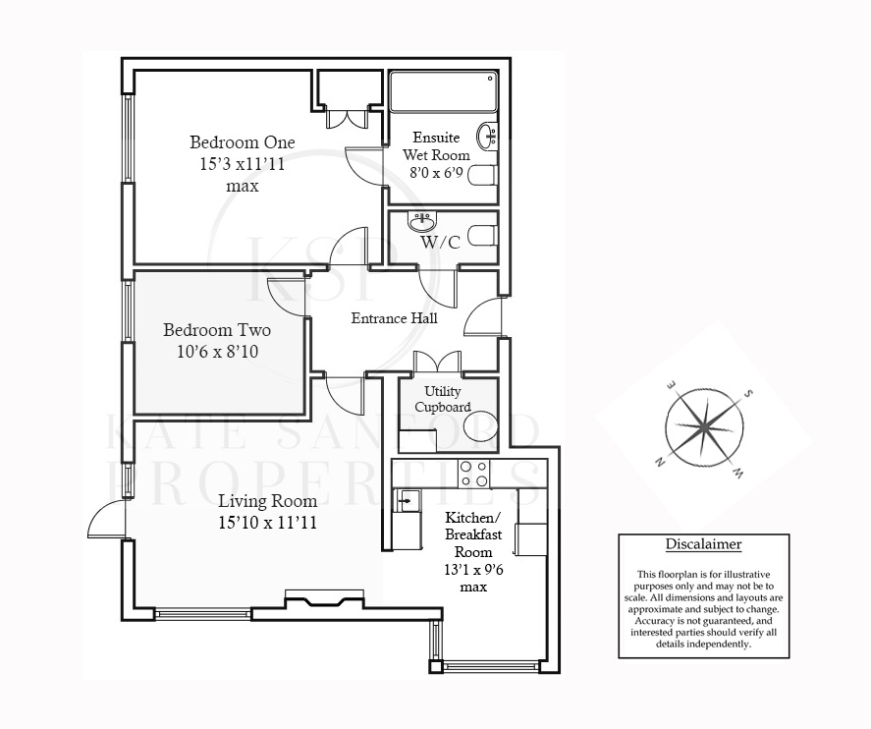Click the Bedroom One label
[243, 142]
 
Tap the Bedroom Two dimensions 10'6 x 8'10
[218, 352]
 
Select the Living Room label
[268, 501]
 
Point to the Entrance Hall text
[395, 318]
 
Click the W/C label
[441, 243]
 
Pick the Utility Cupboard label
[443, 399]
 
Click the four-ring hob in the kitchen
[474, 474]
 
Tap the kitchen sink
[408, 502]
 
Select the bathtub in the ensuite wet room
[443, 91]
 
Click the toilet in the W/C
[482, 235]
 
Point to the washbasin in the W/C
[422, 222]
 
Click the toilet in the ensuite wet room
[482, 175]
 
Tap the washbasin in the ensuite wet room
[488, 135]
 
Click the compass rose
[704, 427]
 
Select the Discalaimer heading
[704, 544]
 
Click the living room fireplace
[324, 599]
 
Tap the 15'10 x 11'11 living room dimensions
[268, 523]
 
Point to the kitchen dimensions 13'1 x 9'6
[474, 570]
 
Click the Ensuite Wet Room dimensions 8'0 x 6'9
[436, 173]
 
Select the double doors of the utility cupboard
[438, 362]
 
